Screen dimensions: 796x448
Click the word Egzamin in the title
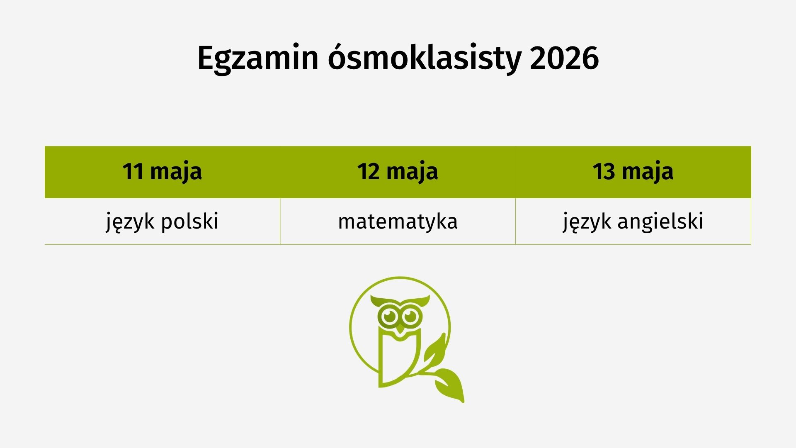(x=257, y=58)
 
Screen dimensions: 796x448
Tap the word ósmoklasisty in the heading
(x=424, y=58)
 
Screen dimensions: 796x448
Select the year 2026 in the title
(x=564, y=58)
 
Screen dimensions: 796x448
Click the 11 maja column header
(x=162, y=172)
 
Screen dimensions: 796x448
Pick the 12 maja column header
(x=398, y=172)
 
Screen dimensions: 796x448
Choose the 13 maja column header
(x=633, y=172)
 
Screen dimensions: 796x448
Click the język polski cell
(x=162, y=221)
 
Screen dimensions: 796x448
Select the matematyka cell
(x=398, y=221)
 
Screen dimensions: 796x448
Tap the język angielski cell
(x=633, y=221)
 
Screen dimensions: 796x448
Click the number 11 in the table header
(x=133, y=171)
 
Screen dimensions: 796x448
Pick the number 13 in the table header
(x=604, y=171)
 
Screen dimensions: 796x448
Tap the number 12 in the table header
(x=369, y=171)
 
